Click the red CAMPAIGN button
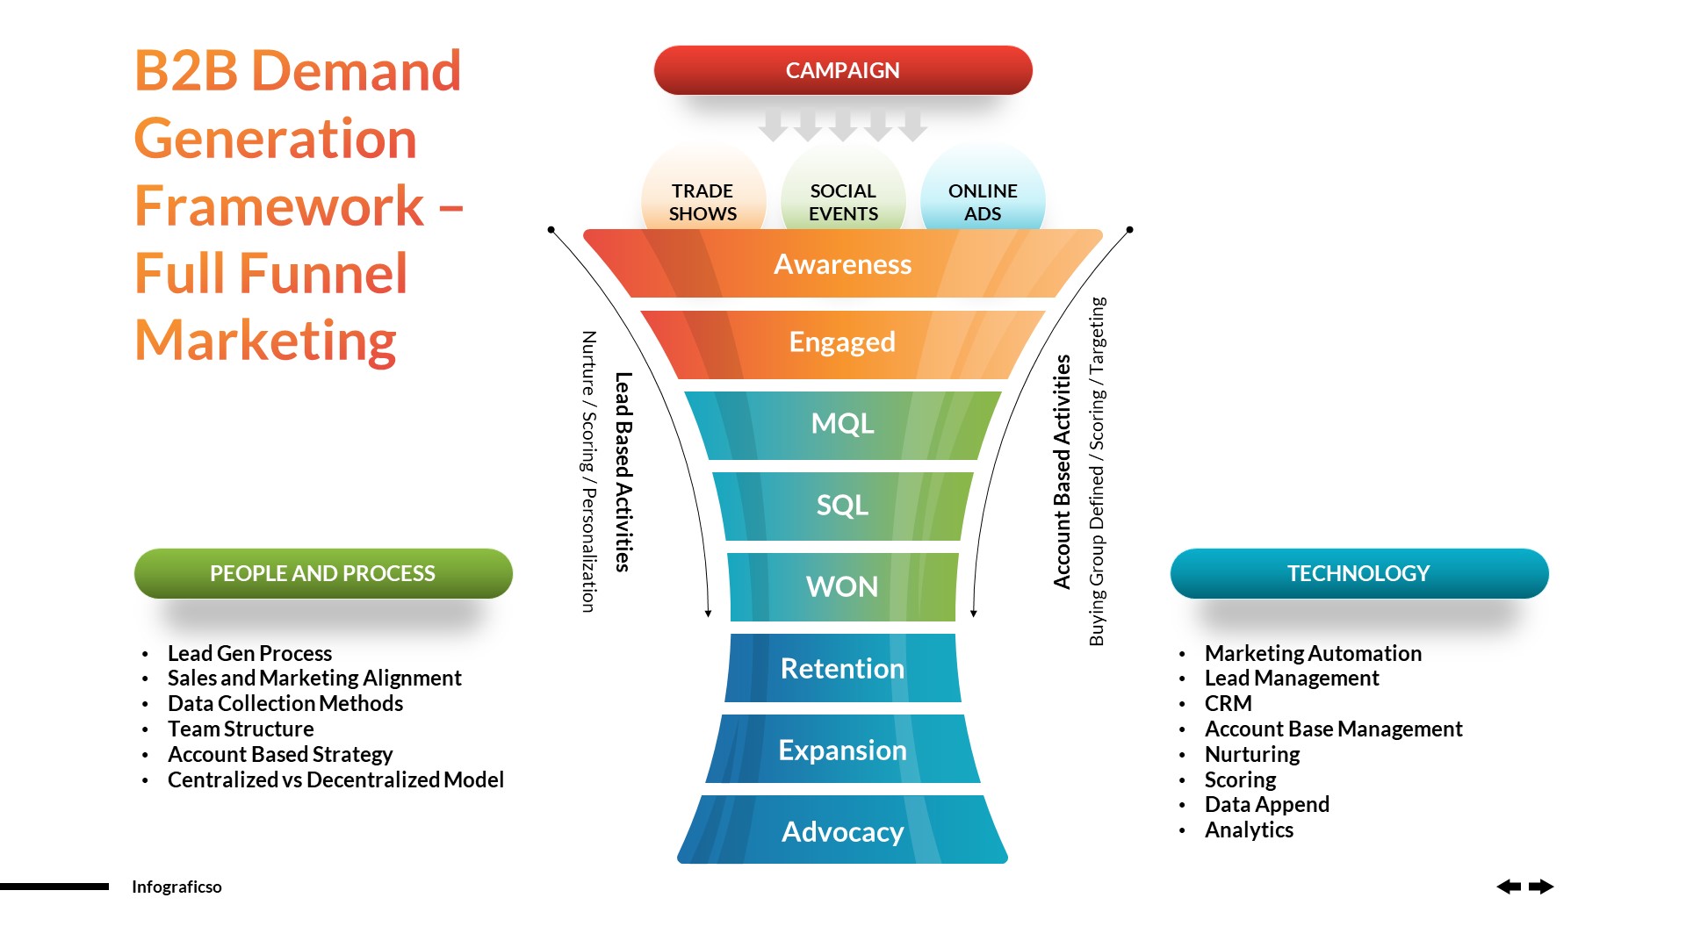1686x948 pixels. pos(843,70)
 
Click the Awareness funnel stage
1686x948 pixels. pos(843,264)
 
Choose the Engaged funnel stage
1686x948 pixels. pos(843,342)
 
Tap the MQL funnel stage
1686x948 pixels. pos(843,424)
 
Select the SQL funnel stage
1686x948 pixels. pos(843,506)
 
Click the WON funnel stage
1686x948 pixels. pos(843,586)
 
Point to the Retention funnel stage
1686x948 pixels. pos(843,669)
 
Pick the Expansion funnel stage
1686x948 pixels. pos(843,750)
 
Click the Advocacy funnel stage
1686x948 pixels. pos(843,831)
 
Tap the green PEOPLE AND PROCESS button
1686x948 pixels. pos(323,573)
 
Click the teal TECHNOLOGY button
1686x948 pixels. pos(1358,573)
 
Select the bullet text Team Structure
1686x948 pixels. pos(241,729)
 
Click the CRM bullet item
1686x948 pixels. pos(1228,704)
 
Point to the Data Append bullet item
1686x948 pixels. pos(1266,805)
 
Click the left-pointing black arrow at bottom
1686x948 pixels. pos(1509,887)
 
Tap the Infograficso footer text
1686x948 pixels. pos(177,887)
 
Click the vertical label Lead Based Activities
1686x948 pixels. pos(623,472)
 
